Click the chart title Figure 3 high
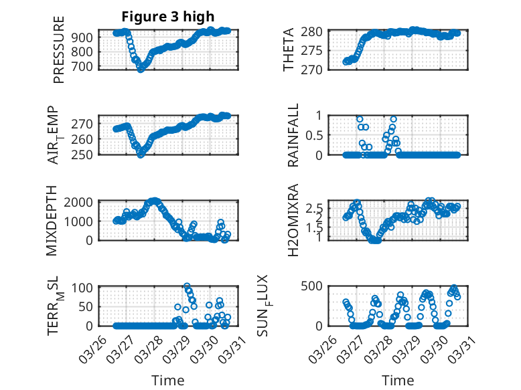(x=168, y=17)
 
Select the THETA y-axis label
(x=289, y=50)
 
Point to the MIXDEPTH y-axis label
(x=53, y=220)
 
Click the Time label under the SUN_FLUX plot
(x=398, y=380)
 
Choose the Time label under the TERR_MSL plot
(x=168, y=380)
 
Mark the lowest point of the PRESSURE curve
(x=141, y=69)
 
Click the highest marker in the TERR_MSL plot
(x=187, y=286)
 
